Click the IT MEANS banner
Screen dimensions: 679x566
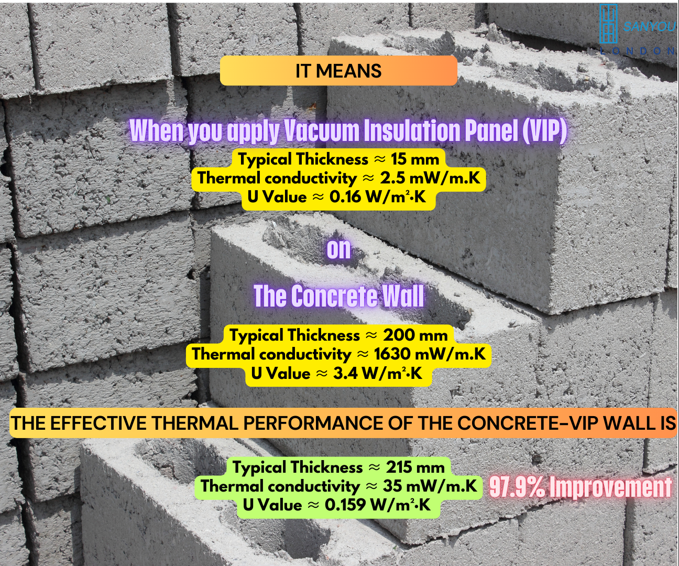(338, 71)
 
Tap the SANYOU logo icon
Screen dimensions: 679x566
(608, 24)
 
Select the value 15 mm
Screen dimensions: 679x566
(415, 159)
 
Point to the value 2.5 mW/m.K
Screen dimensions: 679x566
(430, 178)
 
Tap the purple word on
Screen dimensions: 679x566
(339, 249)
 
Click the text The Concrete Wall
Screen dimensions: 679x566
(339, 296)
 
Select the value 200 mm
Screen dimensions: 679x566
(415, 335)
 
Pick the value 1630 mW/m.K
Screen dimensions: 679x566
(430, 354)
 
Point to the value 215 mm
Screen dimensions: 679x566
(415, 467)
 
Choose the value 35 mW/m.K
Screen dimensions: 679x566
(430, 486)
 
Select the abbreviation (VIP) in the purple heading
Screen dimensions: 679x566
(545, 130)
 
